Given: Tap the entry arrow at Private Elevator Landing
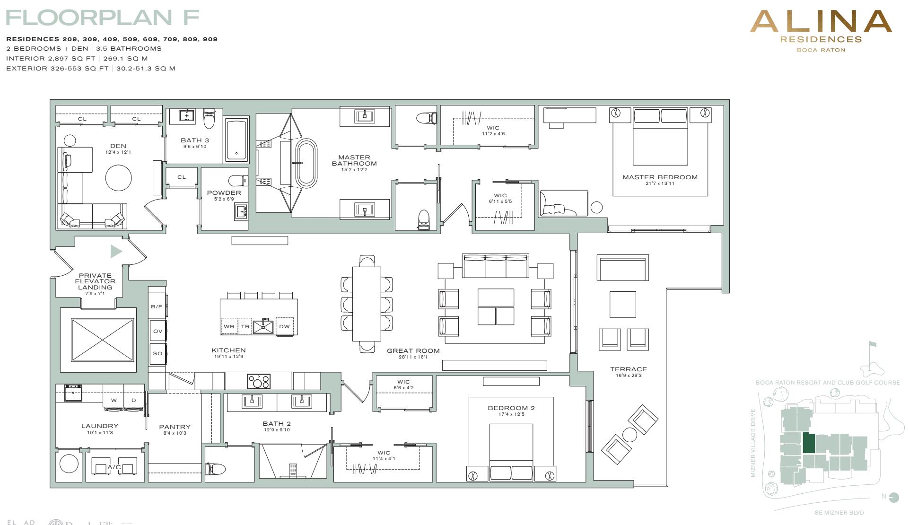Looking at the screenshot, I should pyautogui.click(x=115, y=251).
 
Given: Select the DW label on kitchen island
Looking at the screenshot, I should pyautogui.click(x=284, y=326).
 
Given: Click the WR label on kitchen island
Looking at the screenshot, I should pyautogui.click(x=229, y=326).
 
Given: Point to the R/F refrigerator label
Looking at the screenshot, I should pyautogui.click(x=157, y=306).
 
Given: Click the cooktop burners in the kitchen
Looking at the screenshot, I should pyautogui.click(x=259, y=381).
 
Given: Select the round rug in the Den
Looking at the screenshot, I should pyautogui.click(x=118, y=178).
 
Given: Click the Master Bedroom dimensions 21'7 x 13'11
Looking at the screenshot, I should pyautogui.click(x=660, y=184).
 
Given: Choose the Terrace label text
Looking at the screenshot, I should pyautogui.click(x=628, y=369).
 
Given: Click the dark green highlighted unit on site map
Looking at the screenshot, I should pyautogui.click(x=809, y=444).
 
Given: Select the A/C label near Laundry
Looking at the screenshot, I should pyautogui.click(x=114, y=467).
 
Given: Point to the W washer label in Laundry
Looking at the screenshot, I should pyautogui.click(x=114, y=400).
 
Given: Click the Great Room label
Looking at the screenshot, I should pyautogui.click(x=413, y=350).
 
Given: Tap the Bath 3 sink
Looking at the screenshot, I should pyautogui.click(x=187, y=116).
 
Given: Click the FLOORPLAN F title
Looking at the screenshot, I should pyautogui.click(x=102, y=18).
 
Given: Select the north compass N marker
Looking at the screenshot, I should pyautogui.click(x=884, y=496).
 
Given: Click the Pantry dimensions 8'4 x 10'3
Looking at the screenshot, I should pyautogui.click(x=175, y=433).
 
